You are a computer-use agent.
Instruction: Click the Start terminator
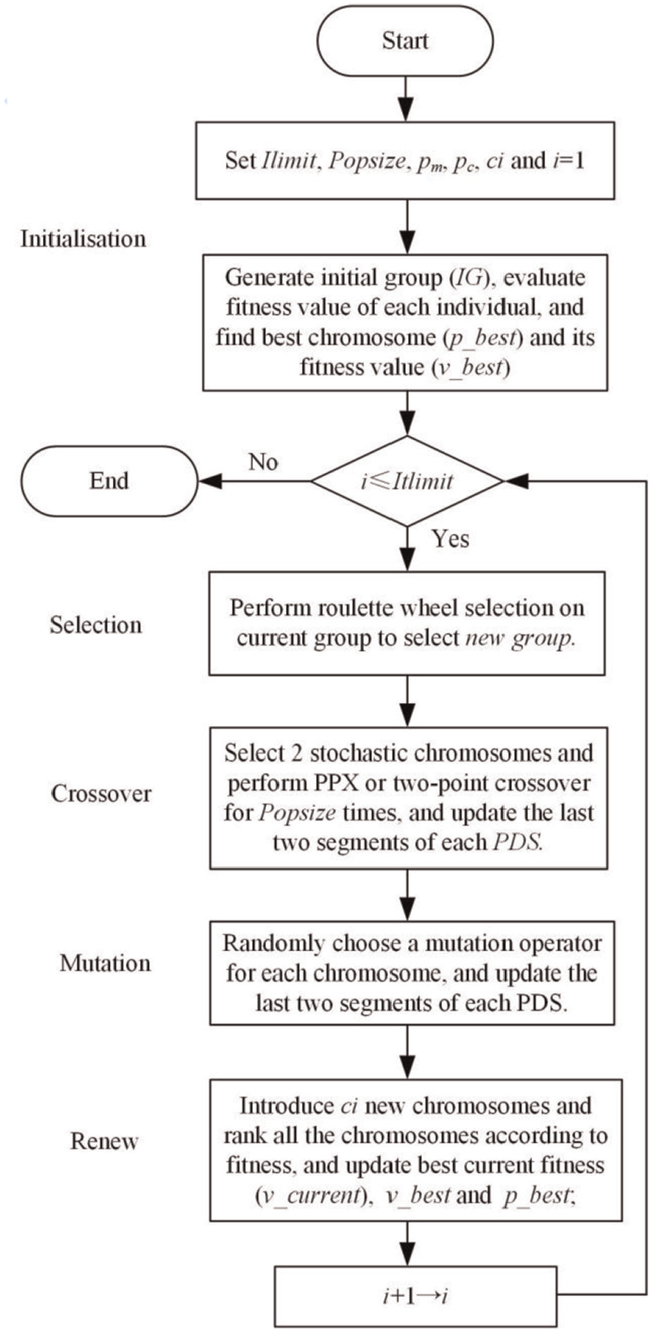pos(405,41)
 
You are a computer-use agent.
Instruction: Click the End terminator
pos(109,481)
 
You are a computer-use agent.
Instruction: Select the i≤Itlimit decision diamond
pos(407,481)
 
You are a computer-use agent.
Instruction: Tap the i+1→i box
pos(416,1296)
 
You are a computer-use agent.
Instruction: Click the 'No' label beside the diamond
pos(263,461)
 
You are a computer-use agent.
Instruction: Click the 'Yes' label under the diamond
pos(450,538)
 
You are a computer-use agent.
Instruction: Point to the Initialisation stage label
pos(83,239)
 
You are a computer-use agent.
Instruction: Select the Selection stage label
pos(96,625)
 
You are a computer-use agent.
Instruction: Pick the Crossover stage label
pos(101,794)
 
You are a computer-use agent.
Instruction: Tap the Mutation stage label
pos(105,964)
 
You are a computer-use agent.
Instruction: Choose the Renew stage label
pos(104,1141)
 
